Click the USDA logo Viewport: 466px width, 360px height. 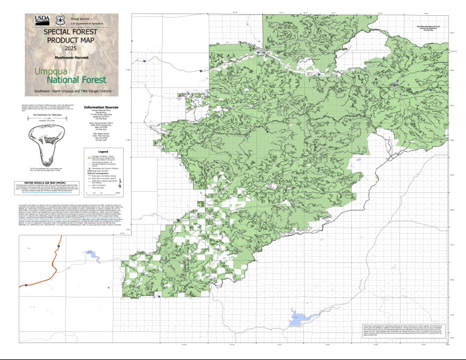click(x=43, y=21)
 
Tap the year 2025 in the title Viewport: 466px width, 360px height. click(x=71, y=47)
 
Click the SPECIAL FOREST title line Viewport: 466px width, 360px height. click(x=71, y=30)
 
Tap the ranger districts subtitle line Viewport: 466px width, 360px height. click(x=71, y=90)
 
